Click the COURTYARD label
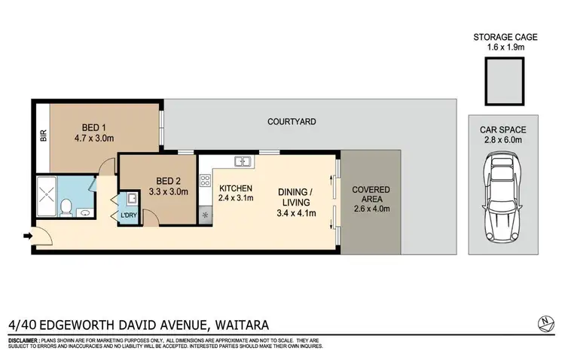coord(291,121)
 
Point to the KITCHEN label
coord(235,188)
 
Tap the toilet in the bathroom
coord(67,206)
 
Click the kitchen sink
coord(243,160)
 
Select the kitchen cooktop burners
coord(204,181)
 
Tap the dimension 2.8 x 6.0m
coord(499,140)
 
